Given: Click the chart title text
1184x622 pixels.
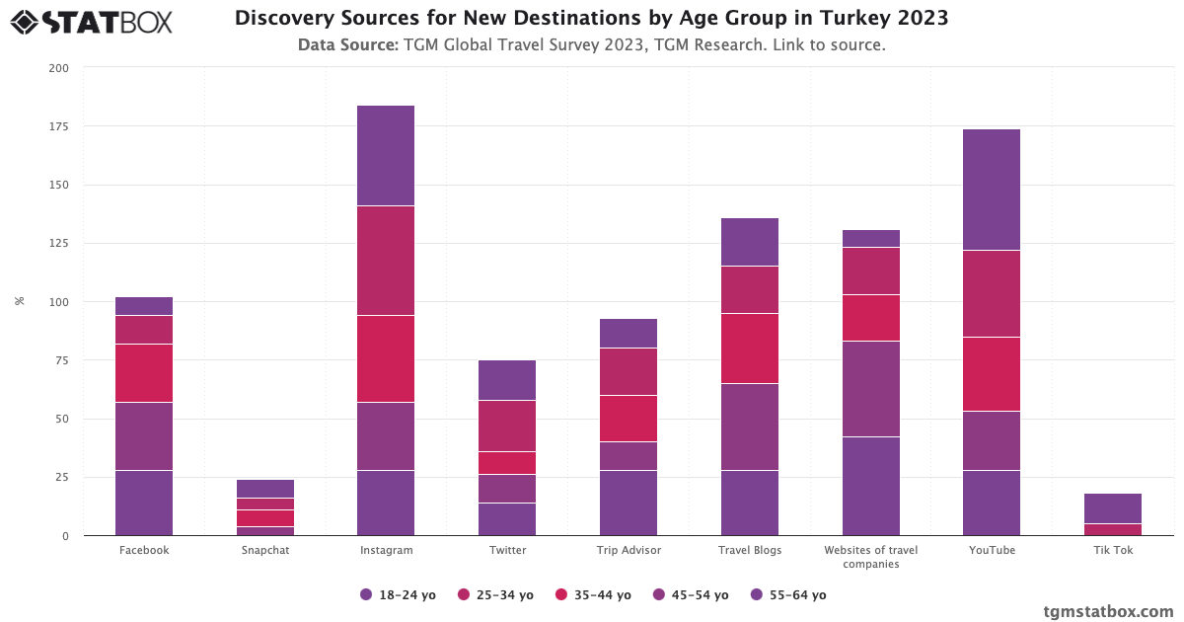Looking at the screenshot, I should pyautogui.click(x=591, y=19).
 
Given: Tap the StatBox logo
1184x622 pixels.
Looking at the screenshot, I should pyautogui.click(x=92, y=21).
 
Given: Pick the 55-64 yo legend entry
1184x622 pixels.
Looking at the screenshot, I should pyautogui.click(x=788, y=594).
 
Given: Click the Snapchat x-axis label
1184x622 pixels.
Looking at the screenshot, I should pyautogui.click(x=264, y=550).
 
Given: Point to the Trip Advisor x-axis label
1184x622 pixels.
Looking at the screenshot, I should pyautogui.click(x=629, y=550).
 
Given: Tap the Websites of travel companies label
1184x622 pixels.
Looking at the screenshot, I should pyautogui.click(x=871, y=557).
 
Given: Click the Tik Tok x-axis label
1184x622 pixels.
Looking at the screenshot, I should pyautogui.click(x=1113, y=550).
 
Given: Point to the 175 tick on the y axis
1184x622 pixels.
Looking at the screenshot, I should pyautogui.click(x=59, y=126).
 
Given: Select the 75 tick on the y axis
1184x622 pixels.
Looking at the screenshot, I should pyautogui.click(x=62, y=360).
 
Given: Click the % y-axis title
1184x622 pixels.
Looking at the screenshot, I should pyautogui.click(x=20, y=301).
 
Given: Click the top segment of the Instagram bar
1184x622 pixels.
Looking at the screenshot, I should pyautogui.click(x=386, y=155).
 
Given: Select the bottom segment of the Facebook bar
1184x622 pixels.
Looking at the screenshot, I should pyautogui.click(x=144, y=503).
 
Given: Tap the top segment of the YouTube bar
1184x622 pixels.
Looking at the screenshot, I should pyautogui.click(x=992, y=190).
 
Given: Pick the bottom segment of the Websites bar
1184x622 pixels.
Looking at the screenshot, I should pyautogui.click(x=871, y=486).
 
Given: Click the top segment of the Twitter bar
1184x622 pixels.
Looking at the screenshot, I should pyautogui.click(x=507, y=380).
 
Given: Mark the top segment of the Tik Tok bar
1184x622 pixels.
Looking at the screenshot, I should pyautogui.click(x=1113, y=508).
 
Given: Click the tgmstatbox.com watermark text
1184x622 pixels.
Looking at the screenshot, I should pyautogui.click(x=1108, y=611).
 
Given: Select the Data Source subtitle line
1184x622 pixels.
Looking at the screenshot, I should pyautogui.click(x=591, y=44).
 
